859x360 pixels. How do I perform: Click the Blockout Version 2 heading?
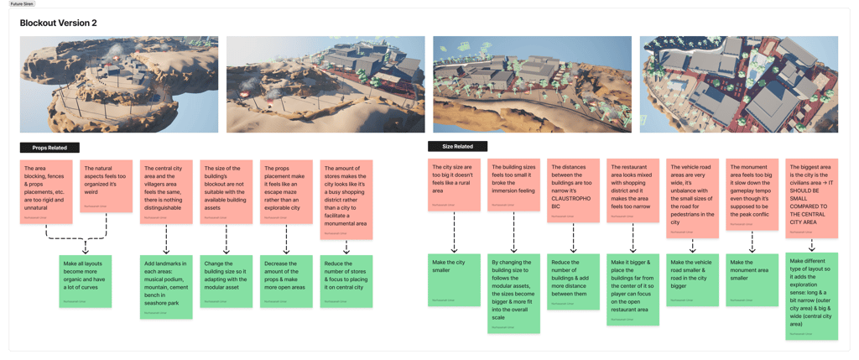click(57, 23)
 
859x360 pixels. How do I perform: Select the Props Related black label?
click(49, 148)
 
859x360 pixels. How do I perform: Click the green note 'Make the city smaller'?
click(454, 268)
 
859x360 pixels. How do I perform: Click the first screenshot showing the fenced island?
click(119, 84)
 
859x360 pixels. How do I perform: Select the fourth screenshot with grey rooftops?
click(739, 84)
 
